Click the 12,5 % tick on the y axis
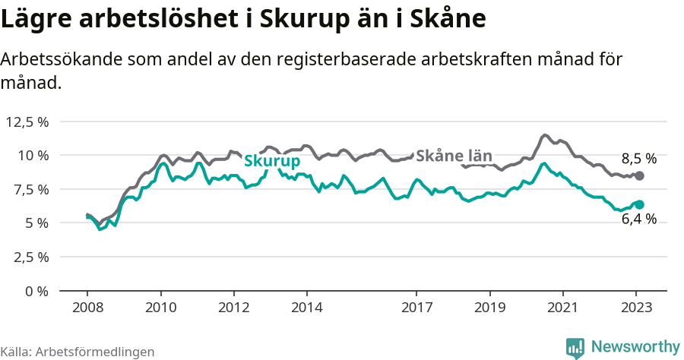click(x=27, y=122)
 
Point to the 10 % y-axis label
click(x=33, y=155)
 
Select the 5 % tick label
click(x=36, y=223)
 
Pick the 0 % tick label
click(x=36, y=290)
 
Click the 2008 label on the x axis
click(x=87, y=308)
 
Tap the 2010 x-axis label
click(x=160, y=308)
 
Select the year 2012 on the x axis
click(x=233, y=308)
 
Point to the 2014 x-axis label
click(x=306, y=308)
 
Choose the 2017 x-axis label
click(x=416, y=308)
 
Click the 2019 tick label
click(x=489, y=308)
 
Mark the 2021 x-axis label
click(x=562, y=308)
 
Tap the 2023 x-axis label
click(x=635, y=308)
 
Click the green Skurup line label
click(x=271, y=161)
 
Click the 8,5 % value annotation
click(x=638, y=159)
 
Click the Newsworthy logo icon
click(x=575, y=348)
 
